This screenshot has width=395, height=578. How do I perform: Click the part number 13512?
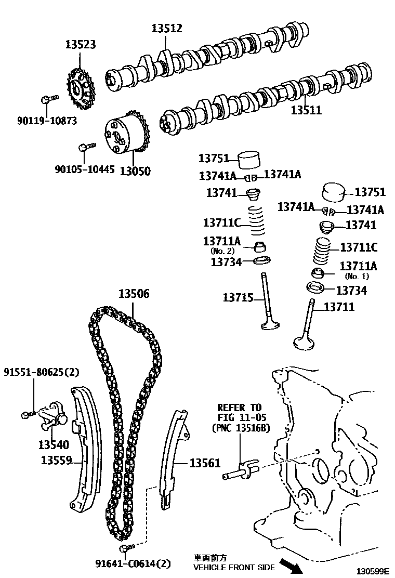(x=167, y=29)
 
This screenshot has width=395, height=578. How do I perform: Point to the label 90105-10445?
(x=85, y=169)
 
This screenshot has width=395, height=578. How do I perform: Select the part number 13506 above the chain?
(x=134, y=294)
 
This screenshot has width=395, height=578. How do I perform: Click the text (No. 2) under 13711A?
(x=222, y=251)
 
